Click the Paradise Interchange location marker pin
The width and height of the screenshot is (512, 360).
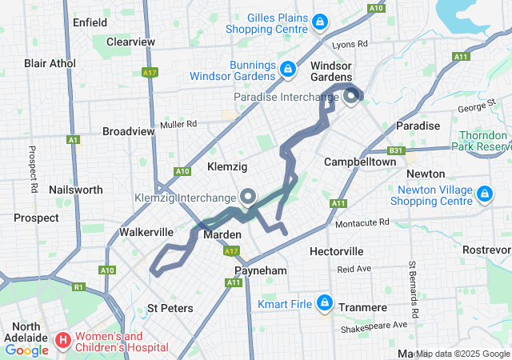tap(351, 98)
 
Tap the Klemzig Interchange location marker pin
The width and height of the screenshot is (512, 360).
tap(248, 196)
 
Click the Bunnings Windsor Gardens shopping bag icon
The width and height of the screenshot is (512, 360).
tap(286, 70)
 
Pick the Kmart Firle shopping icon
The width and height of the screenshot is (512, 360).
tap(325, 302)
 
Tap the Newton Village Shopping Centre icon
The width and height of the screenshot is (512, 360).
tap(484, 194)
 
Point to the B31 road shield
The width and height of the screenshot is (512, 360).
tap(396, 150)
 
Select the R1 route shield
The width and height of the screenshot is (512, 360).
tap(78, 286)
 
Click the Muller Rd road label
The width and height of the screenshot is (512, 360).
tap(178, 124)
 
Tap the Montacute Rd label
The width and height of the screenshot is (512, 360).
tap(362, 222)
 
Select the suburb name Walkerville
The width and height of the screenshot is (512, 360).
tap(146, 232)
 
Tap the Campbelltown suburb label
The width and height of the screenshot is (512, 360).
tap(360, 162)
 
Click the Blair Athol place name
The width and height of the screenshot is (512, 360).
tap(50, 63)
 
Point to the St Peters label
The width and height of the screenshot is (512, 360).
tap(170, 308)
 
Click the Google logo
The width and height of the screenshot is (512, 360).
tap(26, 350)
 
